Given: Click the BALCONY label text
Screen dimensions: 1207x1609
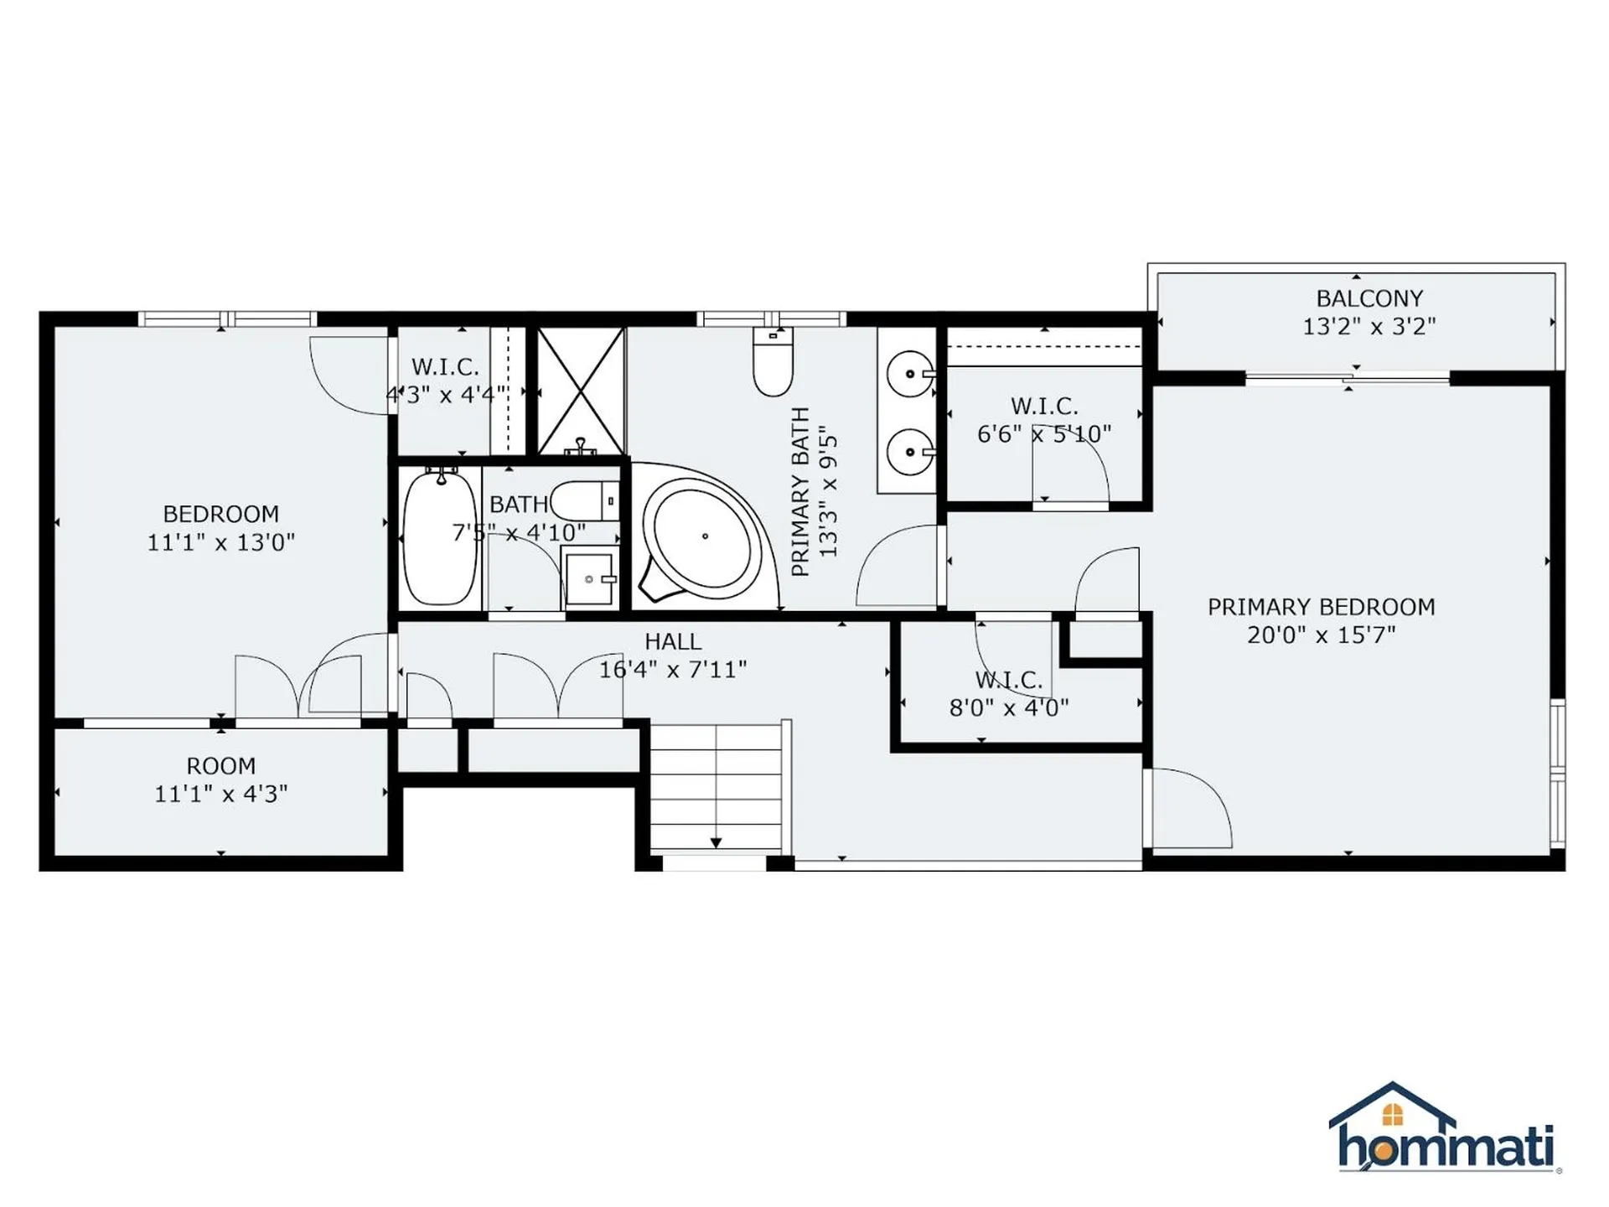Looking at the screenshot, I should [1368, 298].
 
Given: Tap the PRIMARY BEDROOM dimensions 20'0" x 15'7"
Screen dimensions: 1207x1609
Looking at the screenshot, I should [1321, 635].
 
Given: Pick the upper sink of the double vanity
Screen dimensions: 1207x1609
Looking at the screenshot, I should [910, 375].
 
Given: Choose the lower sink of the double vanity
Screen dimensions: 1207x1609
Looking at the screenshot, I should [910, 452].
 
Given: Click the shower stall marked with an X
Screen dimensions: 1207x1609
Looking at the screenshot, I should [581, 391].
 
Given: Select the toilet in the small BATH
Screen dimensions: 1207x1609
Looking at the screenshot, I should [584, 501].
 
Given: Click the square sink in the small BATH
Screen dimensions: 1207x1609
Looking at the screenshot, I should [589, 578].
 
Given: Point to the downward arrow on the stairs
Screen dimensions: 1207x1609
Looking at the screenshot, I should [716, 842].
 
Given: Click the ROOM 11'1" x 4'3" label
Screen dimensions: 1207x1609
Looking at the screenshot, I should [221, 780].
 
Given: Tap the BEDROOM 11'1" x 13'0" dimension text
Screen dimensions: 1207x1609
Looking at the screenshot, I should [221, 542].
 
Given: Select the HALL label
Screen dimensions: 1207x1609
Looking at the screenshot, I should [673, 642].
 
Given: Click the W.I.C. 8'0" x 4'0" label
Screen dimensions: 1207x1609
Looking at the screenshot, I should [1009, 694].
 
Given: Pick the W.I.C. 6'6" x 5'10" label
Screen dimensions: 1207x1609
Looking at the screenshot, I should [1044, 420].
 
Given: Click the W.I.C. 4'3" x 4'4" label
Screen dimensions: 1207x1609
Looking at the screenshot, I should [445, 381].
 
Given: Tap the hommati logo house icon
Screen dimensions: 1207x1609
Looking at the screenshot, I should [1392, 1115].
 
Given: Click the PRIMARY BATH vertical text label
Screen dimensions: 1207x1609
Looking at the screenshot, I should [801, 492].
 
